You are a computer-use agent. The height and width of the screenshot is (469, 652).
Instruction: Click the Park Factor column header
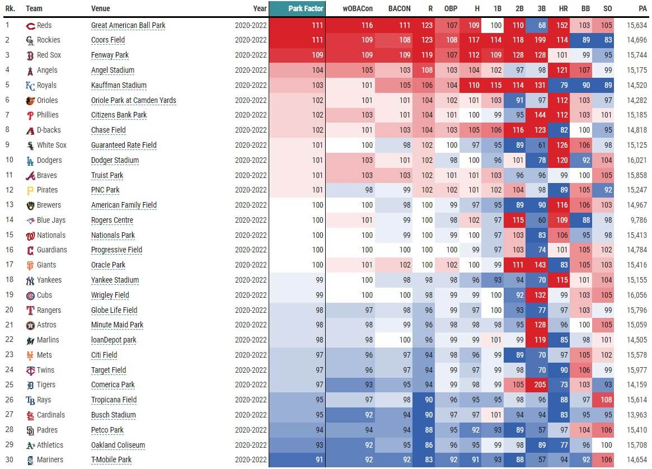[306, 8]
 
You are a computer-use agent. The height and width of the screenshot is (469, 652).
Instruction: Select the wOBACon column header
[358, 8]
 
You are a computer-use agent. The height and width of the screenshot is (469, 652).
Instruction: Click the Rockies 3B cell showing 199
[541, 40]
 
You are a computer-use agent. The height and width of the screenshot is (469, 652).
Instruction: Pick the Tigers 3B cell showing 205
[541, 385]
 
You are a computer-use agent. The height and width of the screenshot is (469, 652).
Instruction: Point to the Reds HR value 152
[563, 25]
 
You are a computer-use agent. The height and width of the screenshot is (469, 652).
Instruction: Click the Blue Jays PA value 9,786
[638, 220]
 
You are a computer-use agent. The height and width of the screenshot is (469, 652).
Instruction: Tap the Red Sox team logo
[30, 55]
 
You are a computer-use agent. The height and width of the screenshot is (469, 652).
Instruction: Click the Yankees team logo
[30, 280]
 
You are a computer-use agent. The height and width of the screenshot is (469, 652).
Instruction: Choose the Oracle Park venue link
[108, 265]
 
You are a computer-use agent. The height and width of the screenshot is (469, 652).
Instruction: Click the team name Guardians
[51, 250]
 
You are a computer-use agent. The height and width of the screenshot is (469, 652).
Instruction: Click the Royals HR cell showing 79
[563, 85]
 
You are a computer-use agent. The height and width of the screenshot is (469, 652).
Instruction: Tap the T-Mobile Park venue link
[111, 460]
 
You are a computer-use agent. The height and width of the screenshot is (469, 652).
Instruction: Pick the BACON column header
[400, 8]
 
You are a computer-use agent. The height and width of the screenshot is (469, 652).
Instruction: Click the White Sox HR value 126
[563, 145]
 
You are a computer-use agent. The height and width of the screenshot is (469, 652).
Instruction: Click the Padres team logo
[30, 430]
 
